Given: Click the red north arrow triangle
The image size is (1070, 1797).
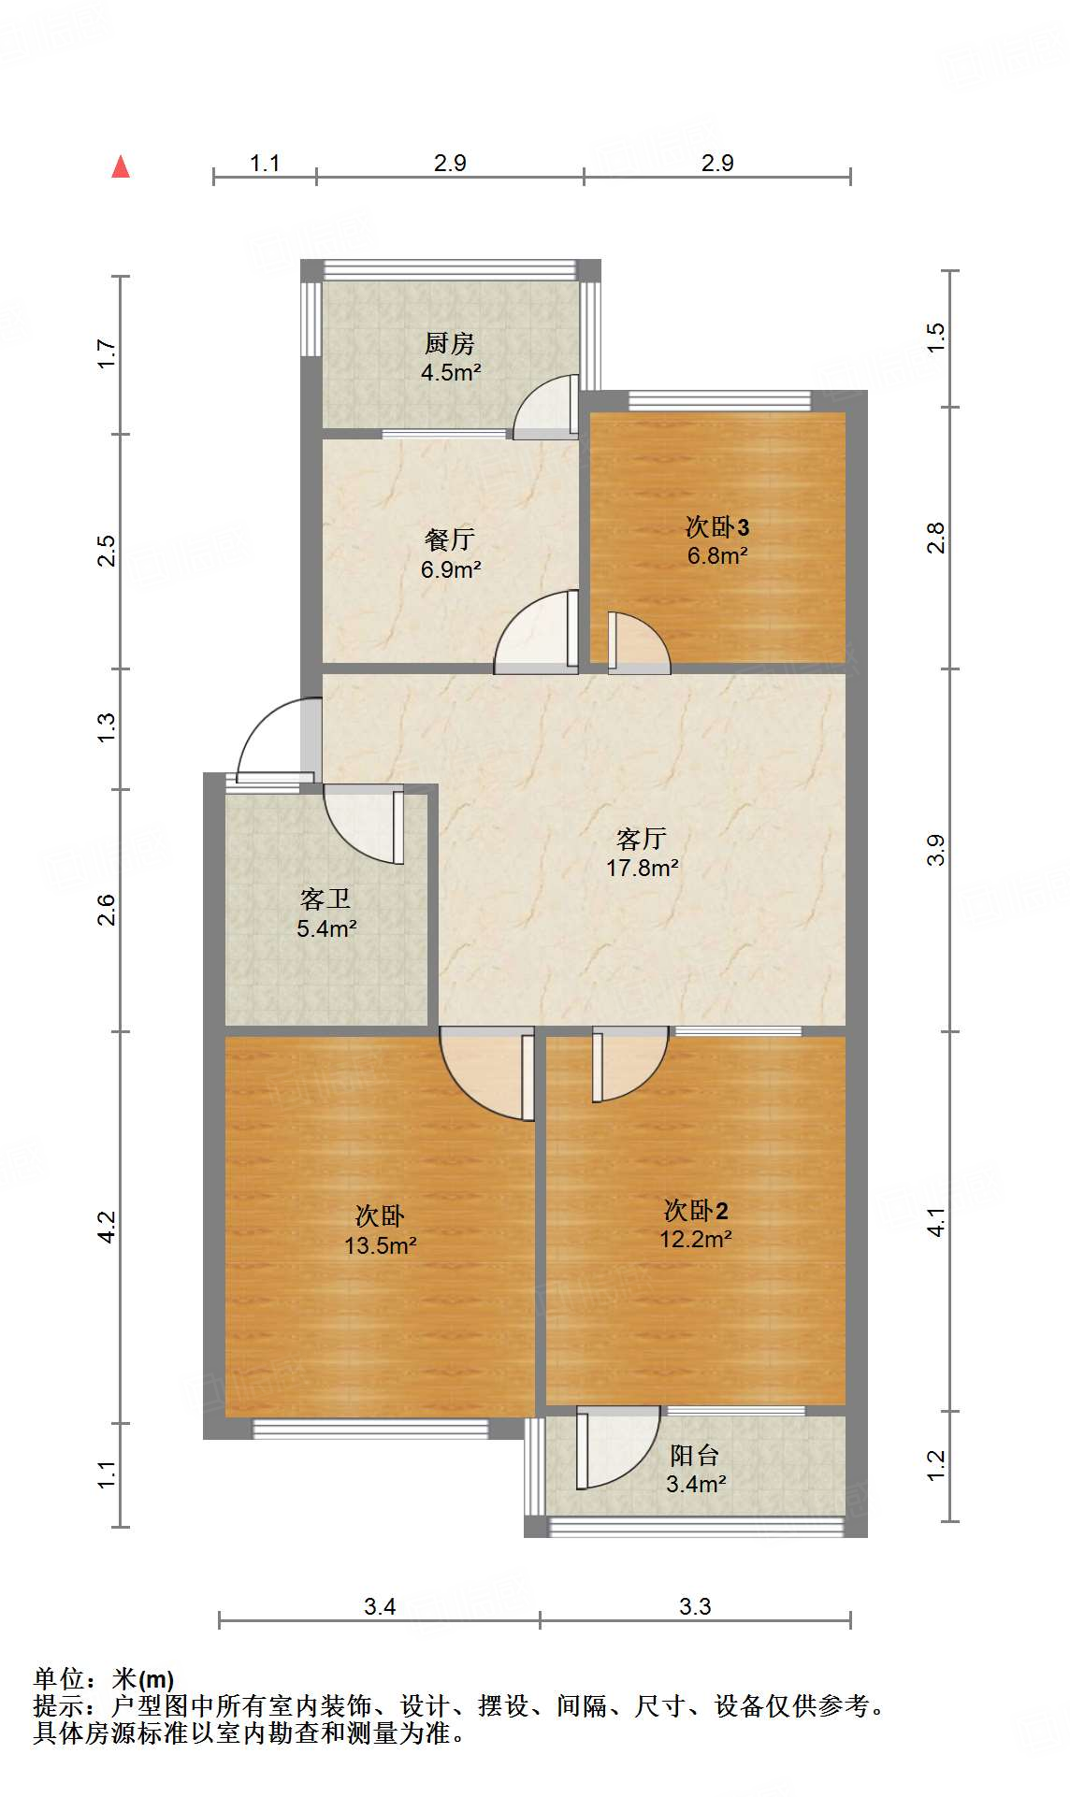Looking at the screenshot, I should pos(121,167).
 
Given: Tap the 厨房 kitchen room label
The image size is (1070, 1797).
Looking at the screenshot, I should pos(450,343).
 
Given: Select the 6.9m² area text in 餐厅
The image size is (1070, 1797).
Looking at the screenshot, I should pos(451,569).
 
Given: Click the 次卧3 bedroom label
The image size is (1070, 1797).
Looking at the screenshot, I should pos(717,527).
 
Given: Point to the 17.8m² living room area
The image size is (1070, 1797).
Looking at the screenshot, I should pos(643,868).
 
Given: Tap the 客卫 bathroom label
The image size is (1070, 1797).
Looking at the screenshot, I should pos(325,899).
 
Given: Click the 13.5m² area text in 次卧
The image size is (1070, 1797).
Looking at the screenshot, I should pos(380,1245).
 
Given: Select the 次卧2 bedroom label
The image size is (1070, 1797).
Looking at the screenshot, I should pos(696,1211).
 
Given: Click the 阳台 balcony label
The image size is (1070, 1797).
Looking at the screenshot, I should pos(695,1456).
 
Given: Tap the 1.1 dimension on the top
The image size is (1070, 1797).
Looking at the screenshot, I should pos(265,164).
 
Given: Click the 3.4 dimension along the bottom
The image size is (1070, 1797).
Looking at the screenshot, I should pos(380,1606).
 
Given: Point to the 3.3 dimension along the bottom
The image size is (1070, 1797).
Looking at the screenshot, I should pos(695,1606).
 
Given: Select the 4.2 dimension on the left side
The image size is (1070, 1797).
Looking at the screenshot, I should pos(108,1227).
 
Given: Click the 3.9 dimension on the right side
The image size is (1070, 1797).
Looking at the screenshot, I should pos(936,850).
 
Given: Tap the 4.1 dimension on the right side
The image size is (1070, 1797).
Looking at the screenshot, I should pos(936,1222).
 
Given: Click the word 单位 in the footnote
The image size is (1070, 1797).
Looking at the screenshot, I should pos(58,1679).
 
